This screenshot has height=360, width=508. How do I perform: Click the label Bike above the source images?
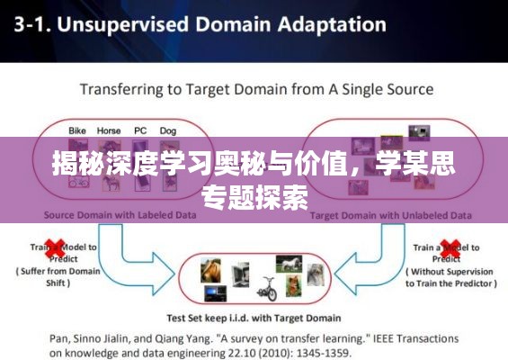78,130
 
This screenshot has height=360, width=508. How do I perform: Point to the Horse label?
109,130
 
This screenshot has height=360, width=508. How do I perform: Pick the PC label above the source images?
140,130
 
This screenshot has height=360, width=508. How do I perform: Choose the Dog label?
167,130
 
